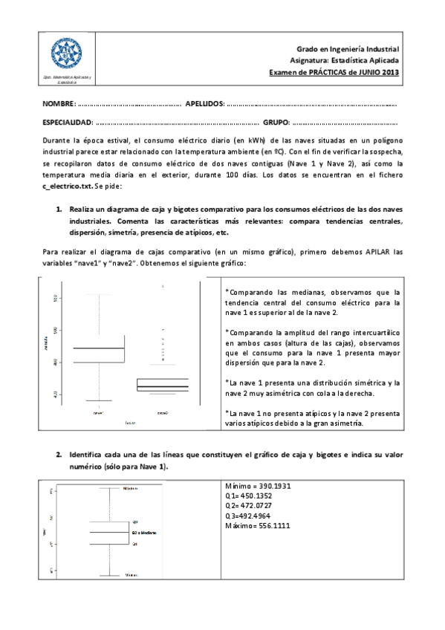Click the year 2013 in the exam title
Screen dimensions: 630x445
tap(389, 72)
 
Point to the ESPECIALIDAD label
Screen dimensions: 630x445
tap(68, 122)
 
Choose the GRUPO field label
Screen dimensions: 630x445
tap(276, 122)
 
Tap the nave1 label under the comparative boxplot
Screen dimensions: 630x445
tap(98, 411)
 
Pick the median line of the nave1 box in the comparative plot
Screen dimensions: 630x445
tap(98, 348)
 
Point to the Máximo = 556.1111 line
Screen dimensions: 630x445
tap(257, 525)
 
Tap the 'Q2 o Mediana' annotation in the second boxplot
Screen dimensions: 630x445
tap(144, 533)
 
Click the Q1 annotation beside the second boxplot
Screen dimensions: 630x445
tap(134, 545)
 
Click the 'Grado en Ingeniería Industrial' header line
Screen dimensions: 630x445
tap(348, 47)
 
